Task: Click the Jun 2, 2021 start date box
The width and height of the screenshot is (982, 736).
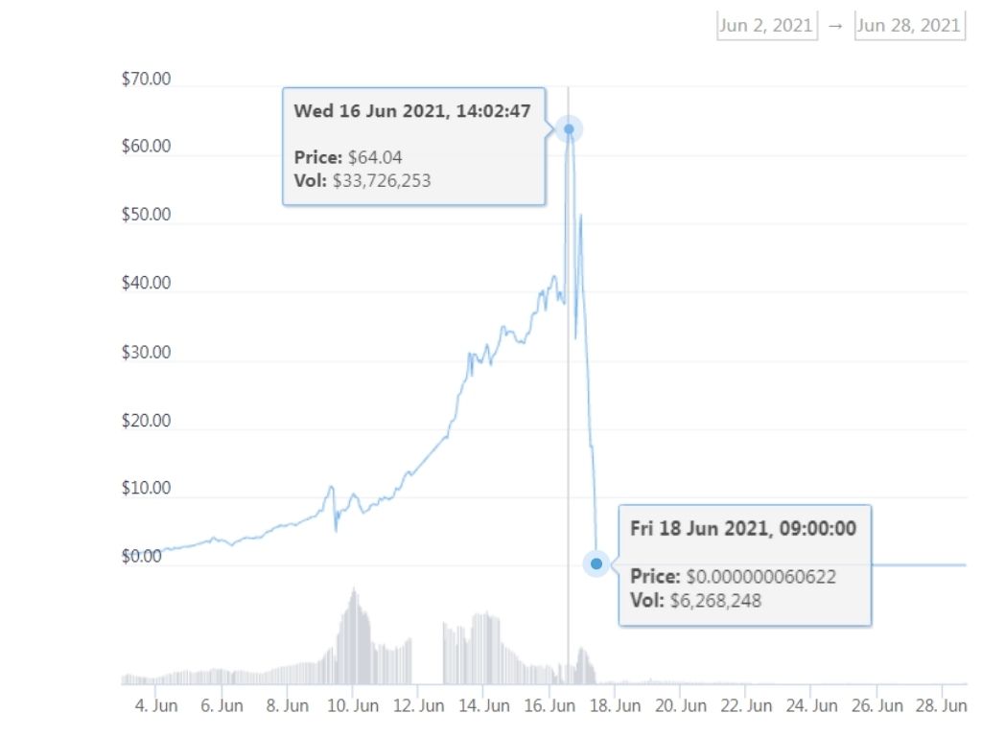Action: coord(766,26)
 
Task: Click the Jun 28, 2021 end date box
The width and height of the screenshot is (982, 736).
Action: coord(908,26)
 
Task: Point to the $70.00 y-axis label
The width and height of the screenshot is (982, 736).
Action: coord(146,80)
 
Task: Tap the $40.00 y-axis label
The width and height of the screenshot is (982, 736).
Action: coord(146,284)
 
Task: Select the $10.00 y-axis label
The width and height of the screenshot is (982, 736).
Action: coord(146,489)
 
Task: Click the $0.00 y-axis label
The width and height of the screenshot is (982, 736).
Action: coord(142,557)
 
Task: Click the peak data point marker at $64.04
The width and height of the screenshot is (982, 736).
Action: coord(569,128)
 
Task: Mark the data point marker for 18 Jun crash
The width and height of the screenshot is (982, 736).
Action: coord(596,563)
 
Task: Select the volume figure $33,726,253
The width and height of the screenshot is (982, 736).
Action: coord(382,179)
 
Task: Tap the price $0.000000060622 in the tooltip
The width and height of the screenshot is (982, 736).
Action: coord(761,577)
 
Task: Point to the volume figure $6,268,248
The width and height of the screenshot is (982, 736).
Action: coord(715,601)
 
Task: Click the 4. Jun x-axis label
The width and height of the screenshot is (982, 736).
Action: coord(156,706)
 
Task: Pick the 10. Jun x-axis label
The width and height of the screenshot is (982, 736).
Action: coord(353,706)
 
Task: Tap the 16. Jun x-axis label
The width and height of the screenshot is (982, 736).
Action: coord(549,706)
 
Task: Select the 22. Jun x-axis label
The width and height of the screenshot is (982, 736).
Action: coord(746,706)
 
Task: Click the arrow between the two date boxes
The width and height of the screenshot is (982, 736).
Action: coord(835,26)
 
